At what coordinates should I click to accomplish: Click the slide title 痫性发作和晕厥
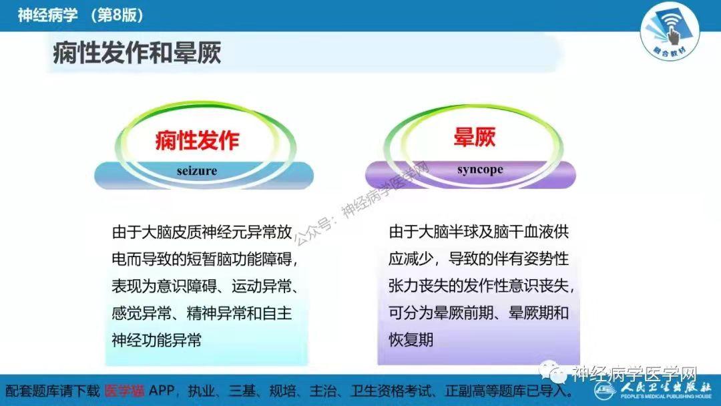[137, 52]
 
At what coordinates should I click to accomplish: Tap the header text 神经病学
[48, 15]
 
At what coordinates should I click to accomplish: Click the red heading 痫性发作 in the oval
[197, 140]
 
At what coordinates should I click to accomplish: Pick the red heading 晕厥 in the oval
[474, 137]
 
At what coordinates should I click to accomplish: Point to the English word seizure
[197, 170]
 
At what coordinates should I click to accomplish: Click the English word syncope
[480, 170]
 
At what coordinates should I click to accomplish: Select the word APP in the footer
[162, 391]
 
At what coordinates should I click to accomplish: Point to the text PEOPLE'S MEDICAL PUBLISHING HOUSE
[666, 396]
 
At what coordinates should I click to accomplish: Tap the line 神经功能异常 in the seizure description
[156, 340]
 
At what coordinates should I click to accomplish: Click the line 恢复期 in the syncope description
[411, 340]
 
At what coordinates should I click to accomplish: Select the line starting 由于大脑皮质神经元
[202, 232]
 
